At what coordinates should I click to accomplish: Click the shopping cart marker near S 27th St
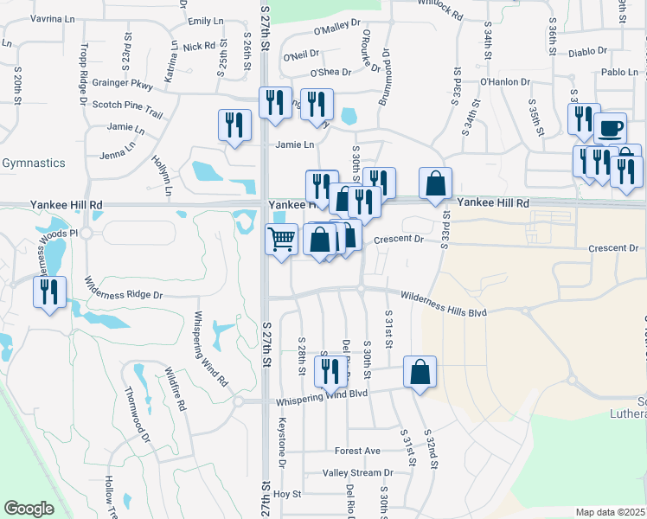click(x=281, y=239)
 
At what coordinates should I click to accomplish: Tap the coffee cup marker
click(x=611, y=128)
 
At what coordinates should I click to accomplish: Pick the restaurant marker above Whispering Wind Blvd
click(x=330, y=371)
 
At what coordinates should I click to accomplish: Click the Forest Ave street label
click(x=357, y=451)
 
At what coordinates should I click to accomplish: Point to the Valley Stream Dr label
click(x=357, y=473)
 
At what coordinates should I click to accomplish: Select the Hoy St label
click(x=286, y=494)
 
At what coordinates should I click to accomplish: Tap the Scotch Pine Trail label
click(x=127, y=105)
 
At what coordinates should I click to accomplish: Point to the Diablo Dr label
click(x=588, y=52)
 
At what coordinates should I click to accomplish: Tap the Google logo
click(x=29, y=509)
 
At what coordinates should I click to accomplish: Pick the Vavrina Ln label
click(x=51, y=18)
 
